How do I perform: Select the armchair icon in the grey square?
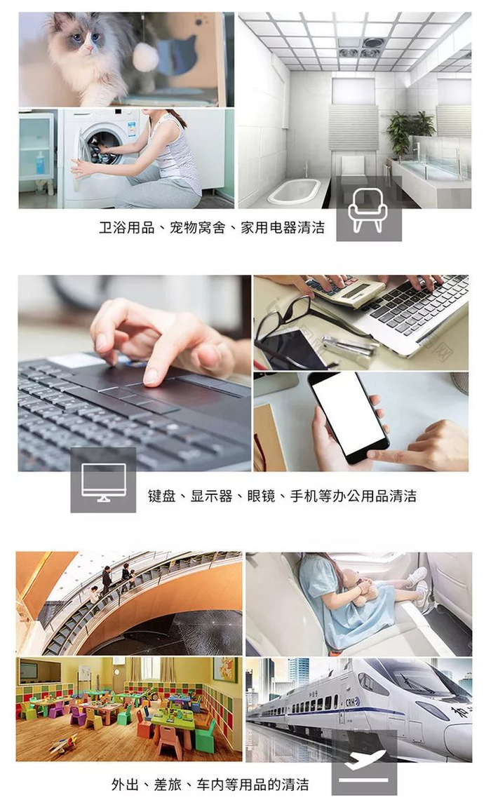pos(368,210)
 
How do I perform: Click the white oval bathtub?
pos(294,191)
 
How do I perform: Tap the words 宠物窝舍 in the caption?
pos(197,227)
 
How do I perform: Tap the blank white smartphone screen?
pos(349,413)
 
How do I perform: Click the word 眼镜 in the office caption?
pos(261,496)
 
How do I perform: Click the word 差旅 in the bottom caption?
pos(167,785)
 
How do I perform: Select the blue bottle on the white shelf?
pos(40,163)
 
